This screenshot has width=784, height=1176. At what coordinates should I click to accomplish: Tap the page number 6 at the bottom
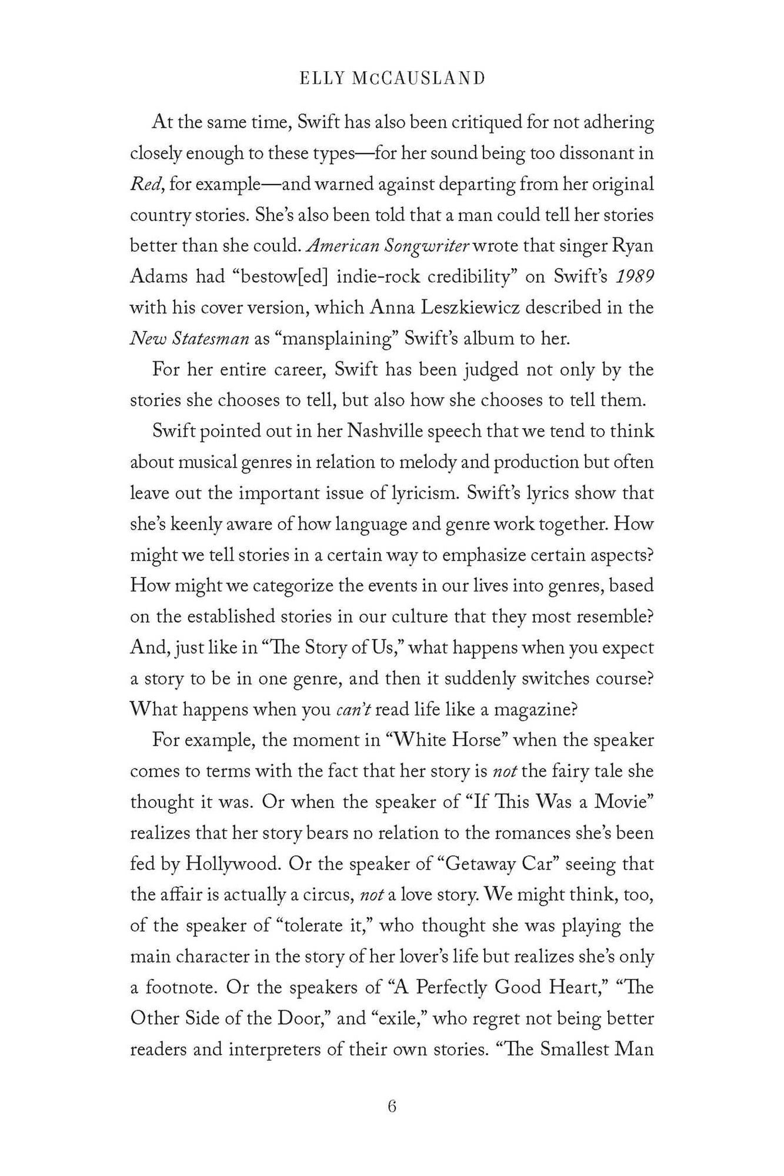coord(392,1106)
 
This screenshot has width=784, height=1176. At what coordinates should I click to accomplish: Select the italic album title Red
coord(142,183)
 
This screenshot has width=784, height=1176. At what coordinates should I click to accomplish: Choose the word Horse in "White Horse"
coord(478,740)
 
